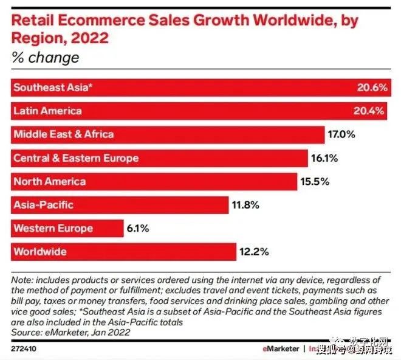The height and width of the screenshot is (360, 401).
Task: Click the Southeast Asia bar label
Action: pos(53,88)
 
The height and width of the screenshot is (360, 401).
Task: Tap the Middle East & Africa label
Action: pos(63,134)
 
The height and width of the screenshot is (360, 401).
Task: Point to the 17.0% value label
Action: pos(342,134)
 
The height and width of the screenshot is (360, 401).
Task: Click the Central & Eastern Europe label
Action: pos(76,158)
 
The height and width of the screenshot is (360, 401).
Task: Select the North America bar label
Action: pos(50,181)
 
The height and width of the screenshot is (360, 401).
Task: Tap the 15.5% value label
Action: pos(315,181)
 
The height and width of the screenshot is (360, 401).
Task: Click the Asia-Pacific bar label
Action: pos(44,205)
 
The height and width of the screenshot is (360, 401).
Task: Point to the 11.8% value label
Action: pos(245,205)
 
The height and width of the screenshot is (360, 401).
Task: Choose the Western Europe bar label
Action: pos(53,229)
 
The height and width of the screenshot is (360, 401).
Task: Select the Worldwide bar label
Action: pos(40,252)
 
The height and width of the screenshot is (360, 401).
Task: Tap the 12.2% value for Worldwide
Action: pos(253,252)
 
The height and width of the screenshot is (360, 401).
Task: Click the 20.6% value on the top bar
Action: pos(372,88)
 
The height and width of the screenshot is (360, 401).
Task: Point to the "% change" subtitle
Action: pos(45,58)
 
